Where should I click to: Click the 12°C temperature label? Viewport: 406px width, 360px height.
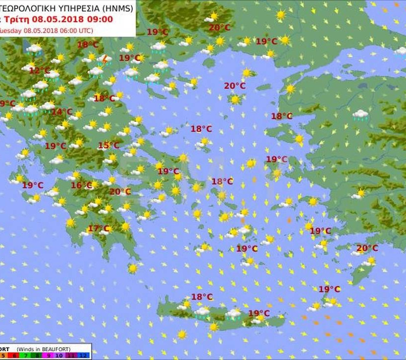(x=40, y=71)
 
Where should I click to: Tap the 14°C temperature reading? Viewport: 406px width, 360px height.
(x=61, y=112)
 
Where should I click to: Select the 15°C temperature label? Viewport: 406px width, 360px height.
(x=108, y=146)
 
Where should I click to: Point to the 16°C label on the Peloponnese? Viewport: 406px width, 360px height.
(x=82, y=186)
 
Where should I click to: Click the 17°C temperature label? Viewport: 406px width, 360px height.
(x=98, y=229)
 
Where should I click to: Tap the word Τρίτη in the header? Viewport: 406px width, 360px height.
(x=15, y=19)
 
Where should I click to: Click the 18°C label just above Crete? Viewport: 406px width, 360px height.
(x=202, y=297)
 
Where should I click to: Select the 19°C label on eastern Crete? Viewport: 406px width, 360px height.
(x=258, y=313)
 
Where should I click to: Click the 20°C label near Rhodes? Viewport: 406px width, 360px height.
(x=367, y=248)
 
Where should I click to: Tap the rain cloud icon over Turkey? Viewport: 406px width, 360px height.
(x=360, y=115)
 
